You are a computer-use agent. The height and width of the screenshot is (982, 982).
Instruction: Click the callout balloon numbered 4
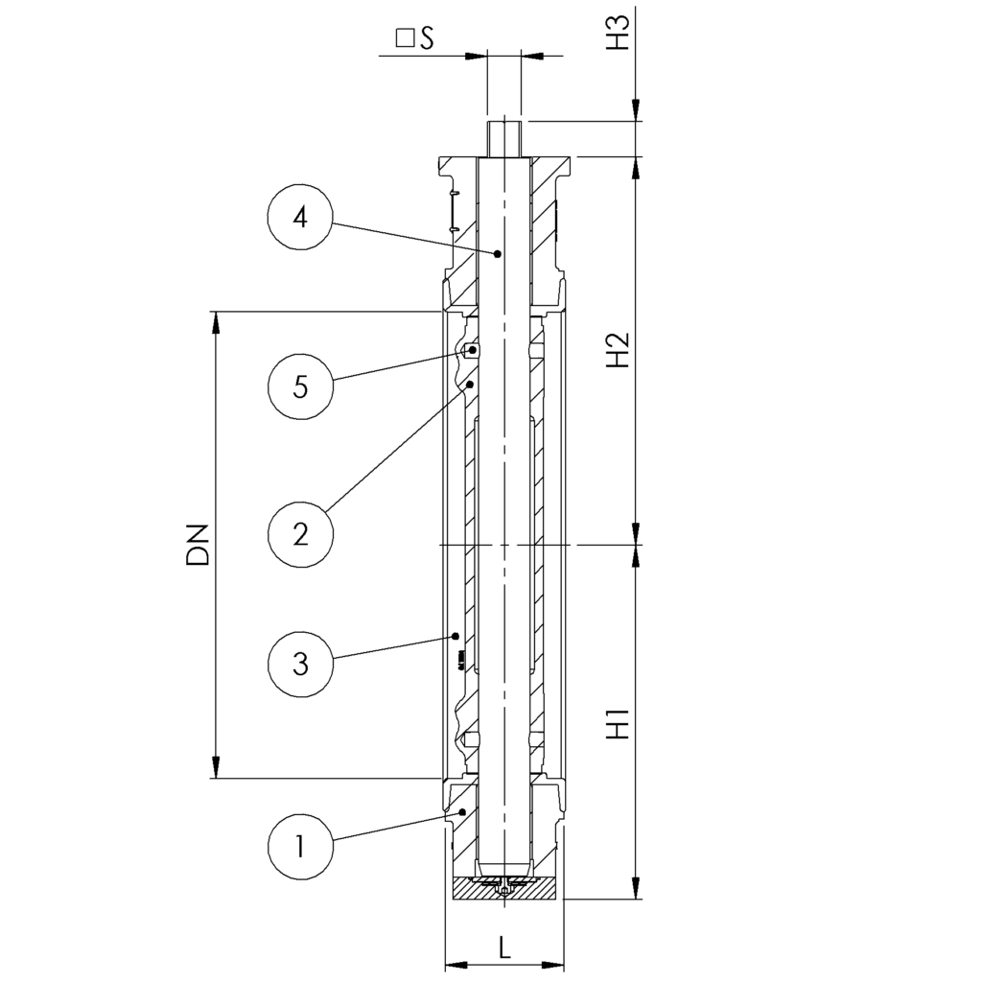pos(300,218)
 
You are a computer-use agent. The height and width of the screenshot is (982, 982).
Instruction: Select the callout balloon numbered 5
pos(300,387)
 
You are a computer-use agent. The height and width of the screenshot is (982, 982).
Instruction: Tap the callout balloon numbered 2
pos(300,533)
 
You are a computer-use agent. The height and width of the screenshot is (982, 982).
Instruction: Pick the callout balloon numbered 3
pos(300,663)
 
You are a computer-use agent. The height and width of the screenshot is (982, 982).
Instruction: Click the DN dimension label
pos(199,544)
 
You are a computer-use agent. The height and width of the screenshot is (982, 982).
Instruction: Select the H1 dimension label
pos(619,723)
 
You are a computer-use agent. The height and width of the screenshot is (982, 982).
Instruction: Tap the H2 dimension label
pos(619,350)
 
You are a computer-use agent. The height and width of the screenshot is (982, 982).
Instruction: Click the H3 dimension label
pos(619,32)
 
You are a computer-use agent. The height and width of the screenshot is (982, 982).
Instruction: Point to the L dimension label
pos(504,947)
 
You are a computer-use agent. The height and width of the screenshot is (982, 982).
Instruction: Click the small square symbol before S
pos(405,38)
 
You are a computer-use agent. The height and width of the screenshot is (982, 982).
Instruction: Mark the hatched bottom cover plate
pos(504,891)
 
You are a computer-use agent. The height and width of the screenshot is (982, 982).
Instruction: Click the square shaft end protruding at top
pos(504,138)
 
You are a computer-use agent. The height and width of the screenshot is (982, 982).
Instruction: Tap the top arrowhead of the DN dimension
pos(218,321)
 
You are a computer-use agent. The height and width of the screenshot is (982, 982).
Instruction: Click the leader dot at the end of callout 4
pos(498,254)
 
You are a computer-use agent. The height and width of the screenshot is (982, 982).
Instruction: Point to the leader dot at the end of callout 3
pos(456,635)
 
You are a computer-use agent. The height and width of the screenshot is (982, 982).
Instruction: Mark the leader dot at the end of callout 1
pos(463,812)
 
